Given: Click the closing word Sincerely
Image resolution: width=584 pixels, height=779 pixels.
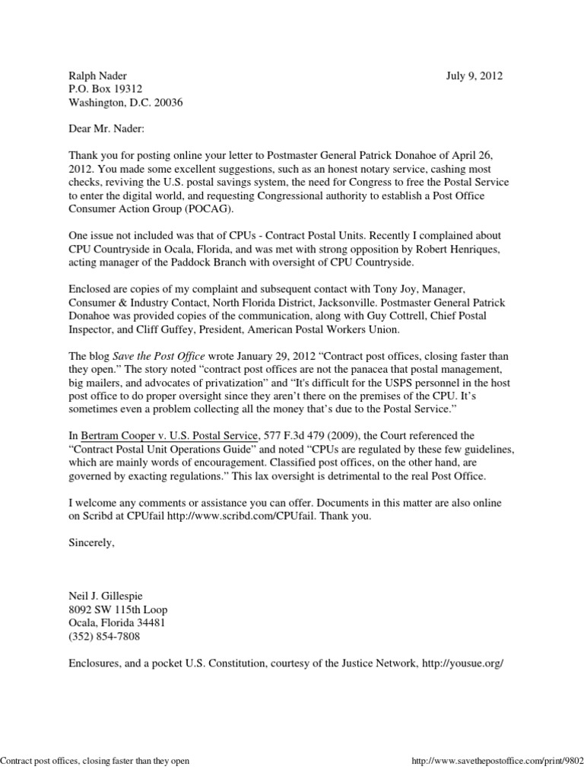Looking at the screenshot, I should [x=91, y=543].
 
